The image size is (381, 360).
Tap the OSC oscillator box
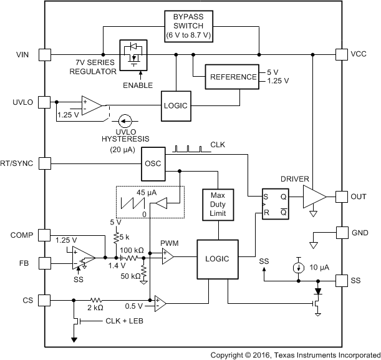[x=153, y=163]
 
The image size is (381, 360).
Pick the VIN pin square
[x=45, y=54]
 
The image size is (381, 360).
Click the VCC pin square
[x=341, y=54]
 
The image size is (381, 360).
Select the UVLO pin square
[x=45, y=101]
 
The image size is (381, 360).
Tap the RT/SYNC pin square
[x=45, y=163]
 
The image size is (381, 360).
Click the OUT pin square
[x=341, y=197]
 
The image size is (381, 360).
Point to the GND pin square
[x=341, y=232]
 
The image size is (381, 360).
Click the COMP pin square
[x=45, y=235]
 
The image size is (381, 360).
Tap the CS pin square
[x=45, y=300]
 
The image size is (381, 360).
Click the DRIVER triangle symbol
[x=314, y=197]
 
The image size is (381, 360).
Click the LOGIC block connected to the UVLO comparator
[x=175, y=105]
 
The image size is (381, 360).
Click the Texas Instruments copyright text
[x=294, y=354]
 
